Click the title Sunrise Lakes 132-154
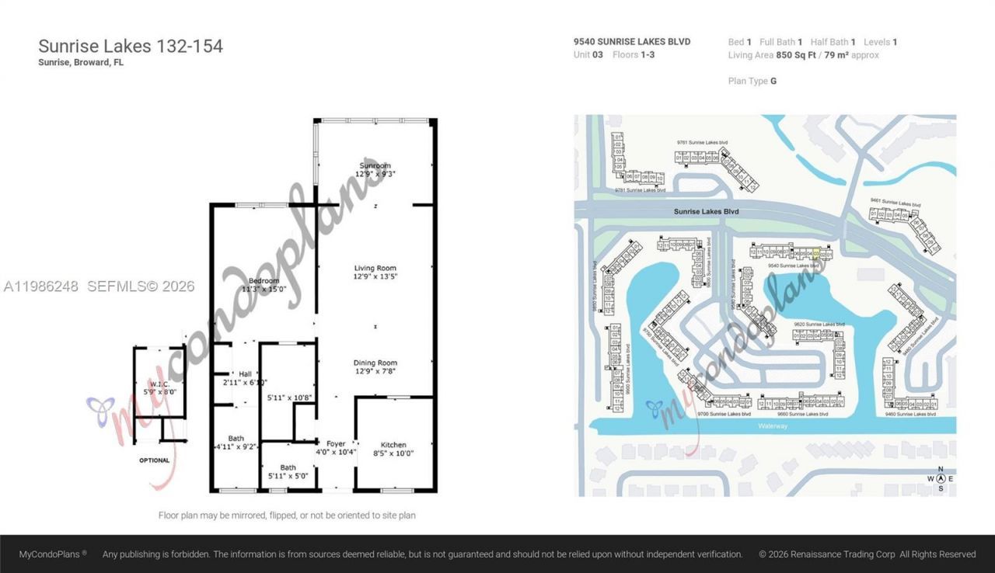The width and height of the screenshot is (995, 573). click(x=131, y=47)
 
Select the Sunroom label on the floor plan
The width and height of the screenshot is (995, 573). click(x=375, y=165)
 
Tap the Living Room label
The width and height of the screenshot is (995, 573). click(x=375, y=268)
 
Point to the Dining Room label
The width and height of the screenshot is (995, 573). click(x=375, y=363)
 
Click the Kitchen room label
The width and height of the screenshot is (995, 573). click(x=393, y=445)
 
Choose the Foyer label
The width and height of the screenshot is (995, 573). click(x=336, y=444)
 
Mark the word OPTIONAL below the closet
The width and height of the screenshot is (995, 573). click(x=154, y=460)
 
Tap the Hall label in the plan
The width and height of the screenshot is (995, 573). click(x=245, y=374)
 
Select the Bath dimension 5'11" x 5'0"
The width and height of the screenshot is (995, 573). click(x=288, y=477)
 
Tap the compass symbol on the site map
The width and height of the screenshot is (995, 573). click(x=941, y=479)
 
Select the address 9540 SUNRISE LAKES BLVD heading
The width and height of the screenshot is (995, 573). click(x=632, y=42)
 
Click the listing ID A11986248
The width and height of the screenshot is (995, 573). click(x=40, y=286)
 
